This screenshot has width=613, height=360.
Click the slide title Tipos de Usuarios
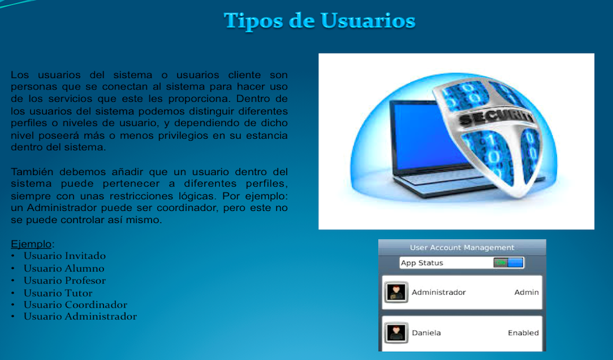[x=319, y=21]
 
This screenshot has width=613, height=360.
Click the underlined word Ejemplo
[x=31, y=244]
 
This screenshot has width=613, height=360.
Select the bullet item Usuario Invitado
[x=65, y=256]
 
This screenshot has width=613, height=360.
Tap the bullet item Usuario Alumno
[x=64, y=268]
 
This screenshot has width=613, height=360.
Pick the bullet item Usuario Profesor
[x=65, y=280]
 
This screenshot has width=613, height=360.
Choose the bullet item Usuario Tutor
[x=58, y=293]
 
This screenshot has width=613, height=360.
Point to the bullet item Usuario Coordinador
[x=75, y=305]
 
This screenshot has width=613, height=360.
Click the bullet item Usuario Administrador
[x=80, y=316]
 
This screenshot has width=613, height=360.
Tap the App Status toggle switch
[x=508, y=263]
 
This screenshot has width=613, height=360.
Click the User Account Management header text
[x=462, y=247]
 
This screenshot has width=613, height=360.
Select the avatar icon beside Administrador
[x=396, y=292]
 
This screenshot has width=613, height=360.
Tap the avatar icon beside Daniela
[x=396, y=333]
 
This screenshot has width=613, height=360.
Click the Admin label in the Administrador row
[x=527, y=292]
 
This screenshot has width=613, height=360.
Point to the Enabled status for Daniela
[x=523, y=333]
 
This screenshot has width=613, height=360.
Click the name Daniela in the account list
[x=426, y=333]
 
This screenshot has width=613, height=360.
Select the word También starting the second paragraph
[x=32, y=172]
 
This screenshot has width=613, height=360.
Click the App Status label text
[x=422, y=263]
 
